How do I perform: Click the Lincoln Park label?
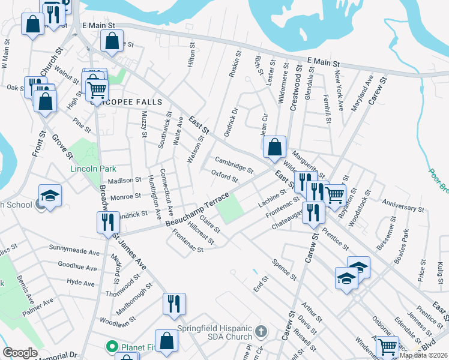(x=92, y=169)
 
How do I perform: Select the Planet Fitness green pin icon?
(x=111, y=346)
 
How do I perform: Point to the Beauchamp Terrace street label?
(x=197, y=210)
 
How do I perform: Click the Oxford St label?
(x=224, y=176)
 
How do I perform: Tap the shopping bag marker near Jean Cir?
(x=274, y=146)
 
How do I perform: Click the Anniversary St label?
(x=403, y=208)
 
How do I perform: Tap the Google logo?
(x=20, y=353)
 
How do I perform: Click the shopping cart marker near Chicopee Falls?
(x=96, y=90)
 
